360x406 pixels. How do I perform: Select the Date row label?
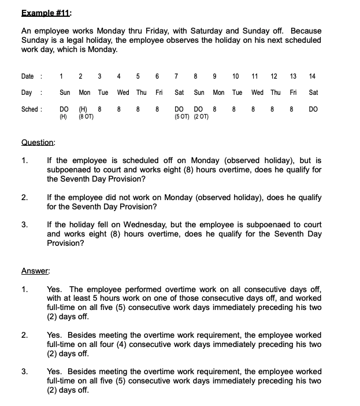coord(28,76)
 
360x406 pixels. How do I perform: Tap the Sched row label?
coord(29,109)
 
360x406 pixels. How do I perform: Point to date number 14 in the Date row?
coord(313,76)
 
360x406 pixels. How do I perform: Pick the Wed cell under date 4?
coord(123,93)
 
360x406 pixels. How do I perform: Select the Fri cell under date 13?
coord(293,93)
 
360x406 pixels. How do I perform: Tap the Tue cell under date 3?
coord(103,93)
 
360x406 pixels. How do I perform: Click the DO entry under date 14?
coord(313,109)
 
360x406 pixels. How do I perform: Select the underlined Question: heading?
coord(38,142)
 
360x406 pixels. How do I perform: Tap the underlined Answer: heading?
coord(35,270)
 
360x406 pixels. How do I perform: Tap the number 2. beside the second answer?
coord(25,335)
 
